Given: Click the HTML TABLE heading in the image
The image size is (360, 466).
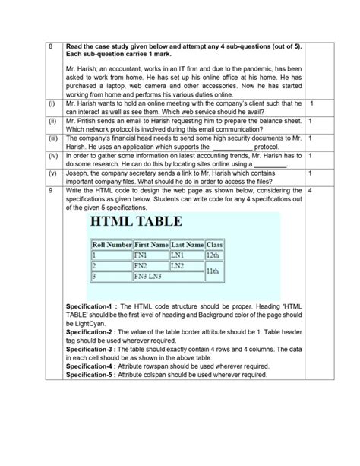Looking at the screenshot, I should (x=136, y=222).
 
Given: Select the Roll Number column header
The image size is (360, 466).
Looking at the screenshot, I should (x=112, y=244).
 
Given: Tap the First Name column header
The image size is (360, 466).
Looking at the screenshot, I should (x=150, y=244).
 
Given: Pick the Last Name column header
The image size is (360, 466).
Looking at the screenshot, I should (x=187, y=244).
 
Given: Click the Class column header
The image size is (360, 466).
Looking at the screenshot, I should (x=213, y=244).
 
